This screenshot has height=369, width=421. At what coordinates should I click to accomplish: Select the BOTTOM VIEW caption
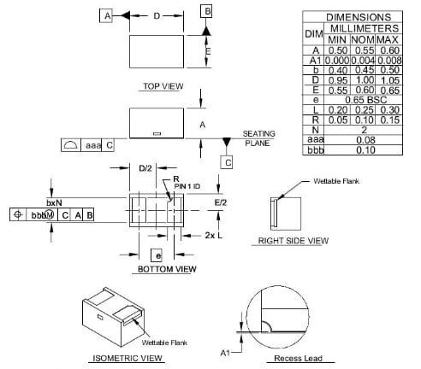point(167,269)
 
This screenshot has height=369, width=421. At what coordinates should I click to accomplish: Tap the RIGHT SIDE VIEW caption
point(293,242)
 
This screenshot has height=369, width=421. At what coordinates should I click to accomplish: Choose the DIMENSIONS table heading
point(359,17)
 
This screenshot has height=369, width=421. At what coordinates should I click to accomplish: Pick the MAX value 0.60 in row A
point(389,51)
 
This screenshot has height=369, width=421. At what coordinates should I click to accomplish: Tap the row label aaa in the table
point(313,140)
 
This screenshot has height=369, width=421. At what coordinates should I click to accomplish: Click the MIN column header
point(336,40)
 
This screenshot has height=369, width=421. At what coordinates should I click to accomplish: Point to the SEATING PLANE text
point(258,138)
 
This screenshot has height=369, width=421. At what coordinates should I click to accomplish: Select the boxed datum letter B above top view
point(206,11)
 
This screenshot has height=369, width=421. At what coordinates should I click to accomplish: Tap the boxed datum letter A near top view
point(106,16)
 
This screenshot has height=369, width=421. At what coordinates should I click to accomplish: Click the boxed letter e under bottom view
point(156,255)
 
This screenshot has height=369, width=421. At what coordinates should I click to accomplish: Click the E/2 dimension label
point(221,202)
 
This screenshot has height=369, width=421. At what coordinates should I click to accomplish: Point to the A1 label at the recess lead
point(225,351)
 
